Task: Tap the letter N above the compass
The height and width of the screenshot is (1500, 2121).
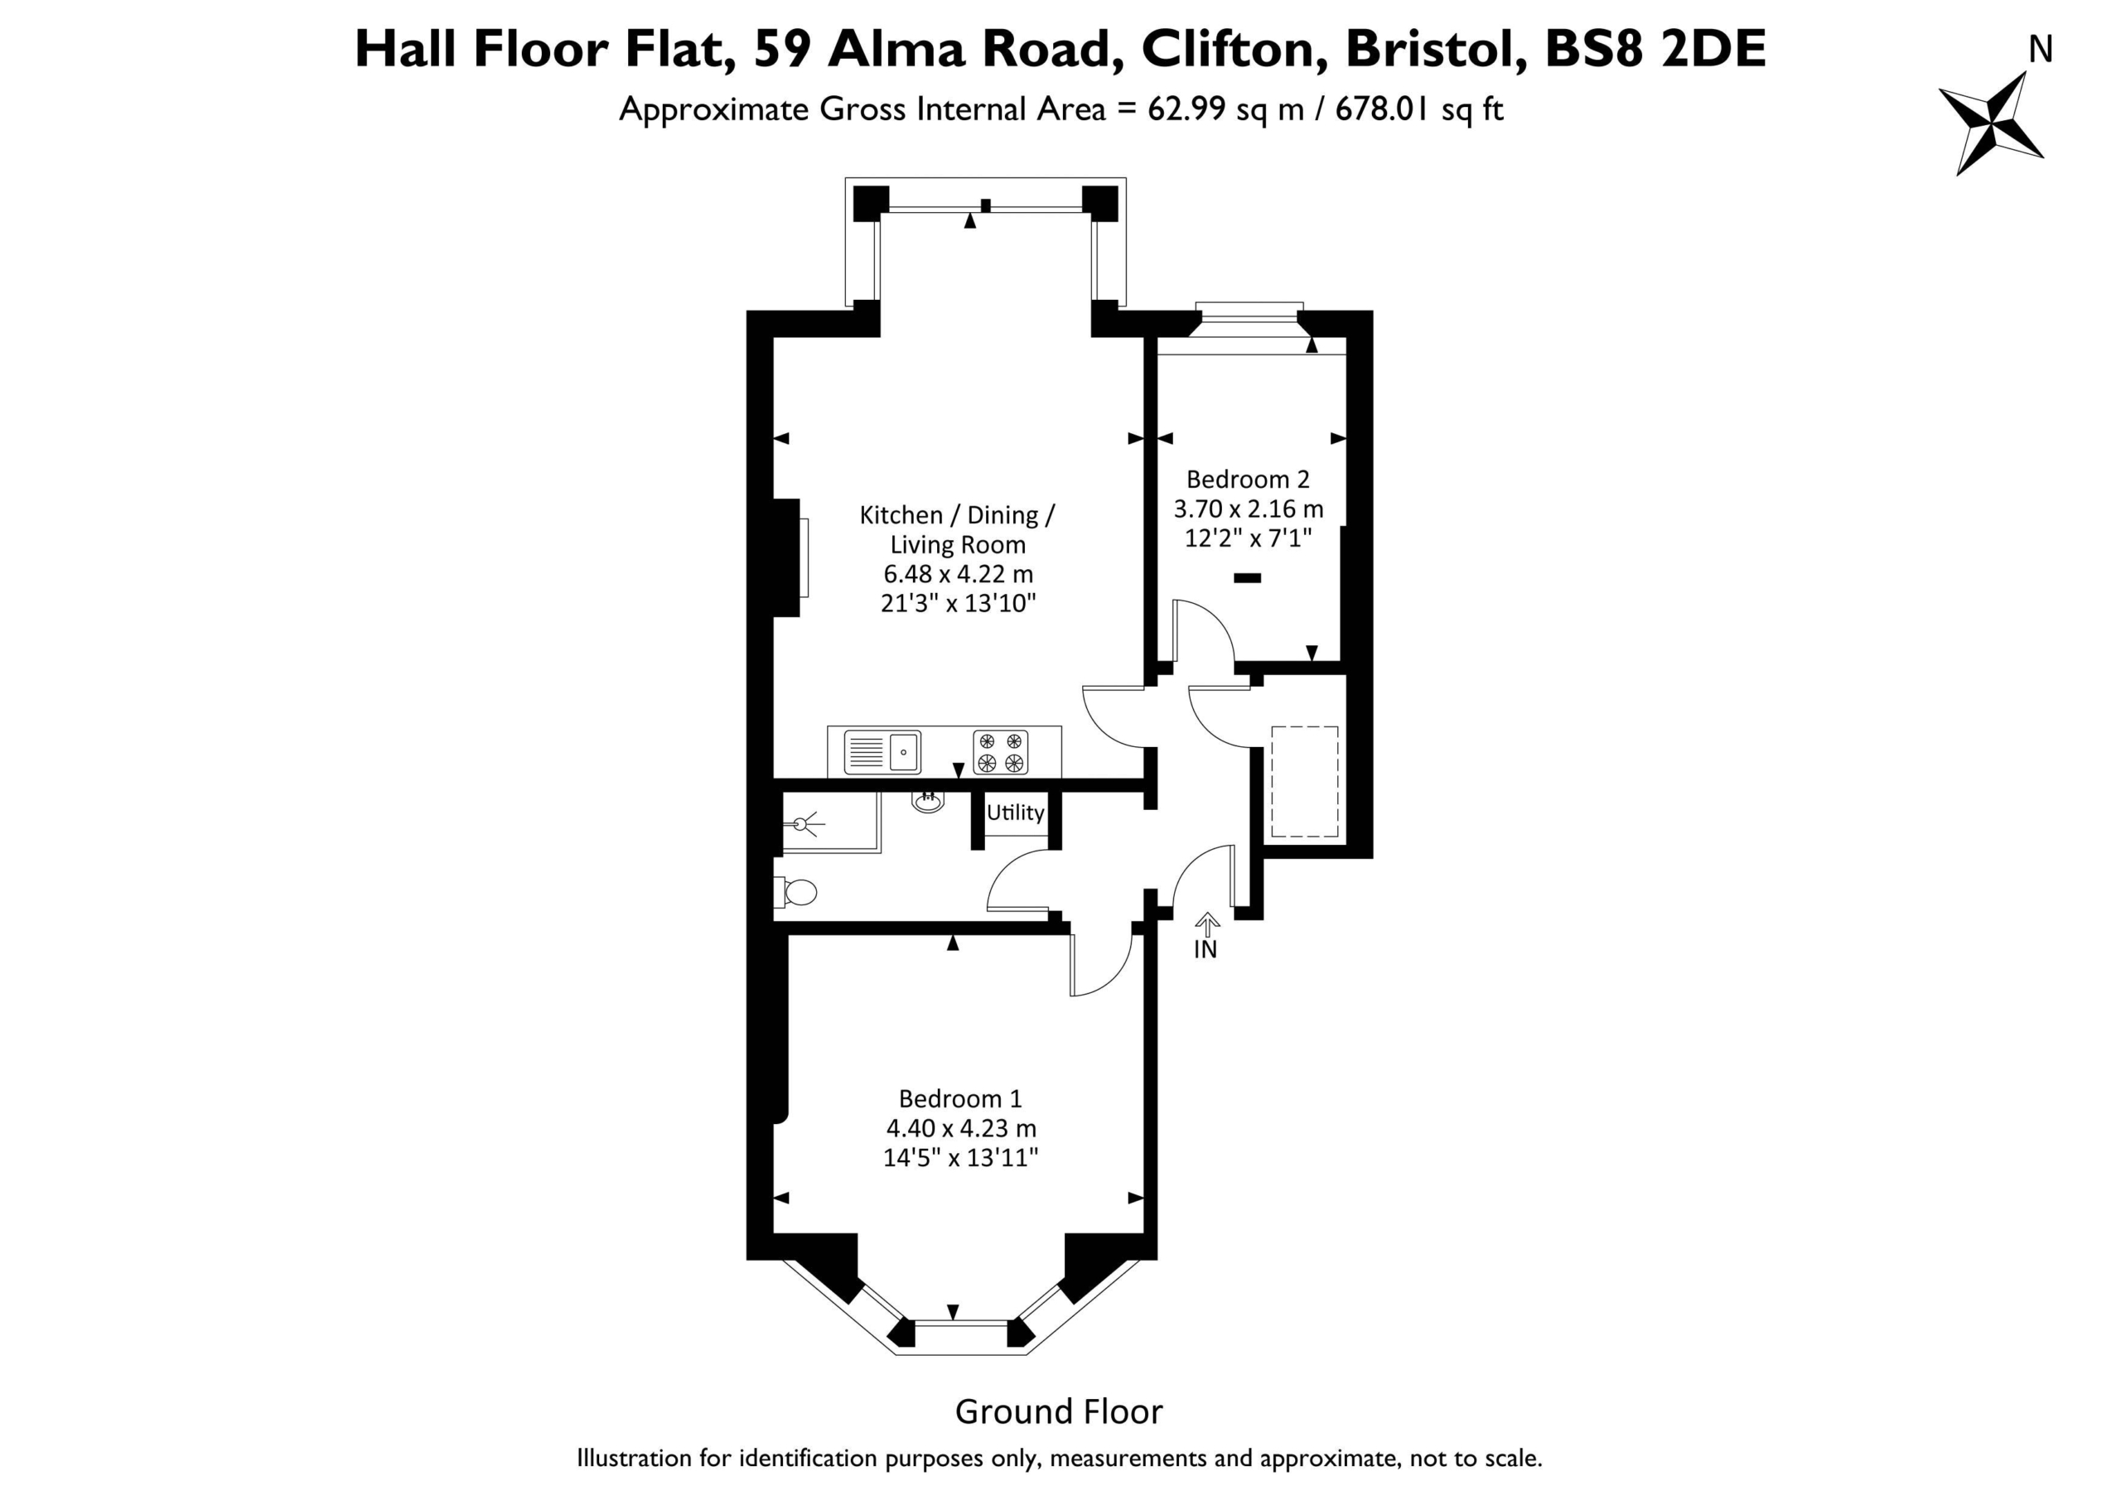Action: click(x=2041, y=50)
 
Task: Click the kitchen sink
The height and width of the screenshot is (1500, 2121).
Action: click(x=883, y=752)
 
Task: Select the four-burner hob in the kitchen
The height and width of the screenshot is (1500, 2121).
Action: click(x=1001, y=752)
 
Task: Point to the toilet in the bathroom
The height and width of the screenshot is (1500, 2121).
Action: click(x=796, y=892)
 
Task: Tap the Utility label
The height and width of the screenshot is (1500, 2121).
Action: click(x=1015, y=813)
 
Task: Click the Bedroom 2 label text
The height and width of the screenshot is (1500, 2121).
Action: click(x=1248, y=480)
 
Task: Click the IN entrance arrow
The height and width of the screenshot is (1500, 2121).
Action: click(x=1207, y=924)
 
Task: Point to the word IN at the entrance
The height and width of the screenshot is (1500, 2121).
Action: click(x=1205, y=949)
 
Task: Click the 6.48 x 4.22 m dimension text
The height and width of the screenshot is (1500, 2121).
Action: click(x=959, y=574)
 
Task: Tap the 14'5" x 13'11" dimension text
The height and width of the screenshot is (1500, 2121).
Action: click(x=961, y=1157)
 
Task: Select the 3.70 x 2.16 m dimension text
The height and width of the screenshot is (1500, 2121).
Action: click(x=1249, y=509)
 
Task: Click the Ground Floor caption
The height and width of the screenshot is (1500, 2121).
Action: click(x=1059, y=1411)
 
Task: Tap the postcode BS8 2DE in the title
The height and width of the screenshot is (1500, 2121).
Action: click(x=1655, y=49)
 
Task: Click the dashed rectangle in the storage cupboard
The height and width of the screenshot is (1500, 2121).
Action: click(x=1304, y=781)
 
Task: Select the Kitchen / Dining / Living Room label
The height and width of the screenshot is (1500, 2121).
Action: click(x=958, y=529)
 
